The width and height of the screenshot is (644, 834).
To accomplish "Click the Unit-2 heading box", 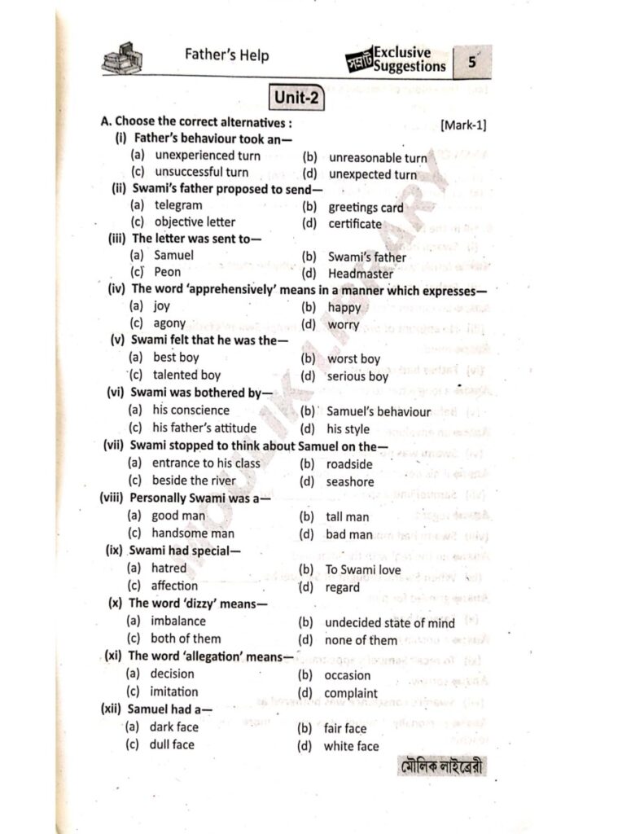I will tap(296, 99).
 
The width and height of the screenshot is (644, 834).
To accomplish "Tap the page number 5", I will tap(472, 62).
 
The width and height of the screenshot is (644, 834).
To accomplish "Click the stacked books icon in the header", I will tap(123, 59).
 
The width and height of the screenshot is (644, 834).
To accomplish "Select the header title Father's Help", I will tap(226, 56).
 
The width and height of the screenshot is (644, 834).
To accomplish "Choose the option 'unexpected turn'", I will tap(372, 174).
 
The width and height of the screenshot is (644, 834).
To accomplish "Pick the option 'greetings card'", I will tap(366, 208).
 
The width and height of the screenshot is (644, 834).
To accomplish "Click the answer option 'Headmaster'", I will tap(360, 274).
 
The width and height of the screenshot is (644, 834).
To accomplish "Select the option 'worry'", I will tap(343, 325).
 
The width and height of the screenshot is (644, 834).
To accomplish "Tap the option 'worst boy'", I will tap(353, 358).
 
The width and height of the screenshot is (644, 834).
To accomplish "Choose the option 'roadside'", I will tap(348, 464).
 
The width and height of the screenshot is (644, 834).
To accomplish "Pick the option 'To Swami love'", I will tap(363, 570).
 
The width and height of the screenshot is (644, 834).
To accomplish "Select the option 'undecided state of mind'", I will tap(389, 623).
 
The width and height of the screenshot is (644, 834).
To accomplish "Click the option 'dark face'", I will tap(173, 726).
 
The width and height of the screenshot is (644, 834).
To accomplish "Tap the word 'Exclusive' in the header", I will tap(402, 53).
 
